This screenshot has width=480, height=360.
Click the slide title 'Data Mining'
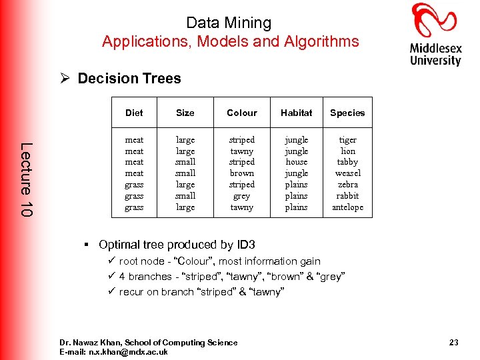(229, 23)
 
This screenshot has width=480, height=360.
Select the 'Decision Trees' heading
(129, 79)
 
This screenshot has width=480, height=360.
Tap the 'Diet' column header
(134, 113)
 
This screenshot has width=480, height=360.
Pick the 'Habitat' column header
(296, 113)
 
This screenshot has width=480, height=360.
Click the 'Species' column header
(347, 113)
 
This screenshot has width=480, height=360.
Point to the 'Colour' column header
(241, 113)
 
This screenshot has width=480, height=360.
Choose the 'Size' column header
(185, 113)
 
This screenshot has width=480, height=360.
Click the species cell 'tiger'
(347, 140)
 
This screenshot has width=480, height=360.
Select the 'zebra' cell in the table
(347, 185)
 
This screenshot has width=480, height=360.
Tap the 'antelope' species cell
(347, 207)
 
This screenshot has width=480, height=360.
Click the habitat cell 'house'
(296, 162)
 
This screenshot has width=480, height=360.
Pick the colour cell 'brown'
(241, 173)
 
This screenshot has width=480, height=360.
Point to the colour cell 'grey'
(241, 196)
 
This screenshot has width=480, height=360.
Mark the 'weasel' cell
(347, 173)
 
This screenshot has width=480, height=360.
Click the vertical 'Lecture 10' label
(25, 179)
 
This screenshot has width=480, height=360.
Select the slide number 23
(453, 343)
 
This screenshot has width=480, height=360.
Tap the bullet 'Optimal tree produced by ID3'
(177, 245)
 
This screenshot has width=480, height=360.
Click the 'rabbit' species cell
(347, 196)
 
